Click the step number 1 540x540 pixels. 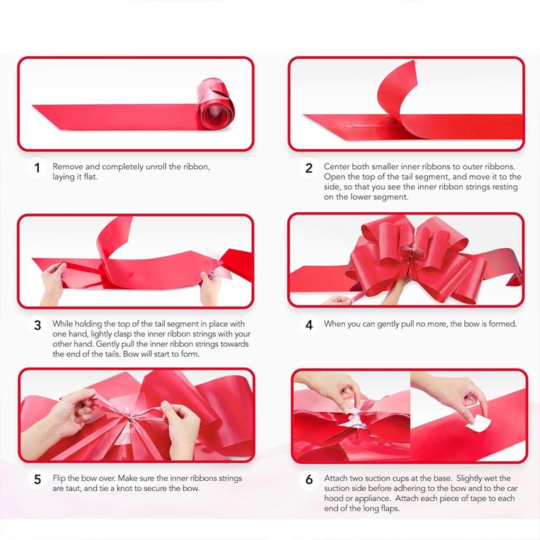[37, 168]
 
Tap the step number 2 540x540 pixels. [309, 168]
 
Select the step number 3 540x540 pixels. [37, 325]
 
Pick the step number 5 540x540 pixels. [37, 480]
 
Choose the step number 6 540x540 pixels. [309, 480]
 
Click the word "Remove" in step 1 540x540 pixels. [67, 167]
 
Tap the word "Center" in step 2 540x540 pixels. [337, 167]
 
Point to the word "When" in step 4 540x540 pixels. [335, 323]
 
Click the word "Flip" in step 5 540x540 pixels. [60, 478]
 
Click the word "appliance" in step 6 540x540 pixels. [366, 498]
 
